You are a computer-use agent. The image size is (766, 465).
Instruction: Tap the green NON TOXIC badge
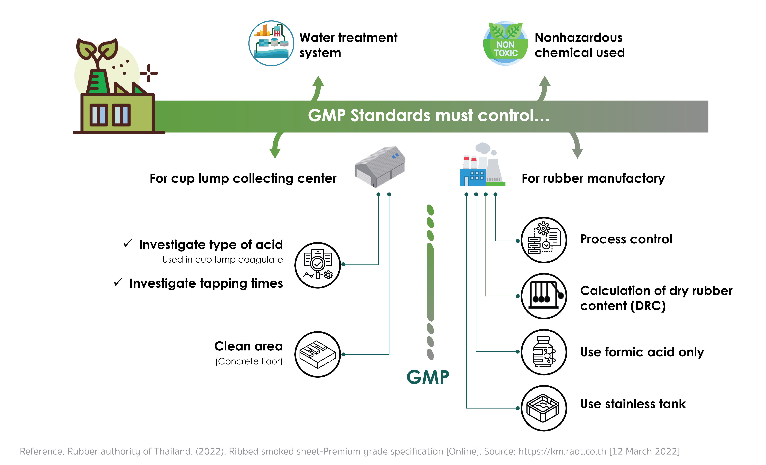(x=505, y=43)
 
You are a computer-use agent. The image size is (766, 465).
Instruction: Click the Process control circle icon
(x=544, y=240)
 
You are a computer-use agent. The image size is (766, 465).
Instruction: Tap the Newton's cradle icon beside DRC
(x=544, y=296)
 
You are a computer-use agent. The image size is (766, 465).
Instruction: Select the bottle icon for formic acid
(x=544, y=352)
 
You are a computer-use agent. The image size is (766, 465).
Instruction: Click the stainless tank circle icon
(x=544, y=408)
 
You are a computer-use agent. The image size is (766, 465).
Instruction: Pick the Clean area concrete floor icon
(x=317, y=354)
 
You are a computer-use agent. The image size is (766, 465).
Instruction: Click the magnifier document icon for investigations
(x=317, y=265)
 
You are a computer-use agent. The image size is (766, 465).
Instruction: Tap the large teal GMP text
(x=428, y=377)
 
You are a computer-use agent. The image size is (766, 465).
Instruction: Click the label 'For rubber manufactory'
(x=593, y=179)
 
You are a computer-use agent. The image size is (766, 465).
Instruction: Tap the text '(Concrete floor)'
(x=249, y=361)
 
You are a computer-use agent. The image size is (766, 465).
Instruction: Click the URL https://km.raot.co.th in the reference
(x=562, y=451)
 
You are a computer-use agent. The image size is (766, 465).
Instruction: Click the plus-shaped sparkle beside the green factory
(x=149, y=73)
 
